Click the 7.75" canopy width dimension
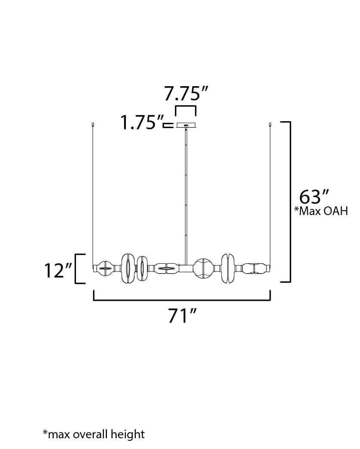click(185, 93)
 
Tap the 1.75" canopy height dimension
click(142, 122)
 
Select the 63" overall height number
click(314, 197)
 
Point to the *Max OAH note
click(321, 211)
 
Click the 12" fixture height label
click(58, 270)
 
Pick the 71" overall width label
click(182, 315)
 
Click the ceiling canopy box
click(186, 125)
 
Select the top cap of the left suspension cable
click(93, 125)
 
